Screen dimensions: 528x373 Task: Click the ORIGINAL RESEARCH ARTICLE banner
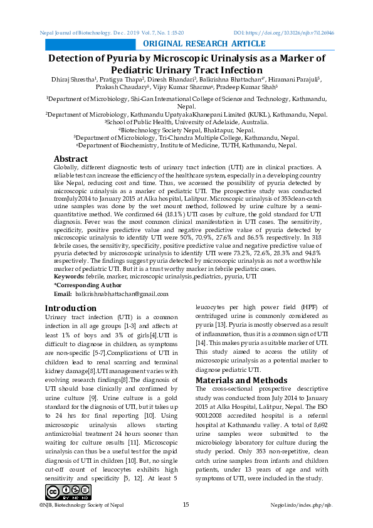[x=204, y=43]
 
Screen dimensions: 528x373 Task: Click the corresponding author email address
[x=122, y=293]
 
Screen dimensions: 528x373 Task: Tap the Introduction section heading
[x=71, y=308]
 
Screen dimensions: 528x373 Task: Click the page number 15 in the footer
[x=186, y=505]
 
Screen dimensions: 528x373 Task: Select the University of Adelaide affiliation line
[x=186, y=122]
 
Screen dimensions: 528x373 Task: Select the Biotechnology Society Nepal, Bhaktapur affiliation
[x=186, y=130]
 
